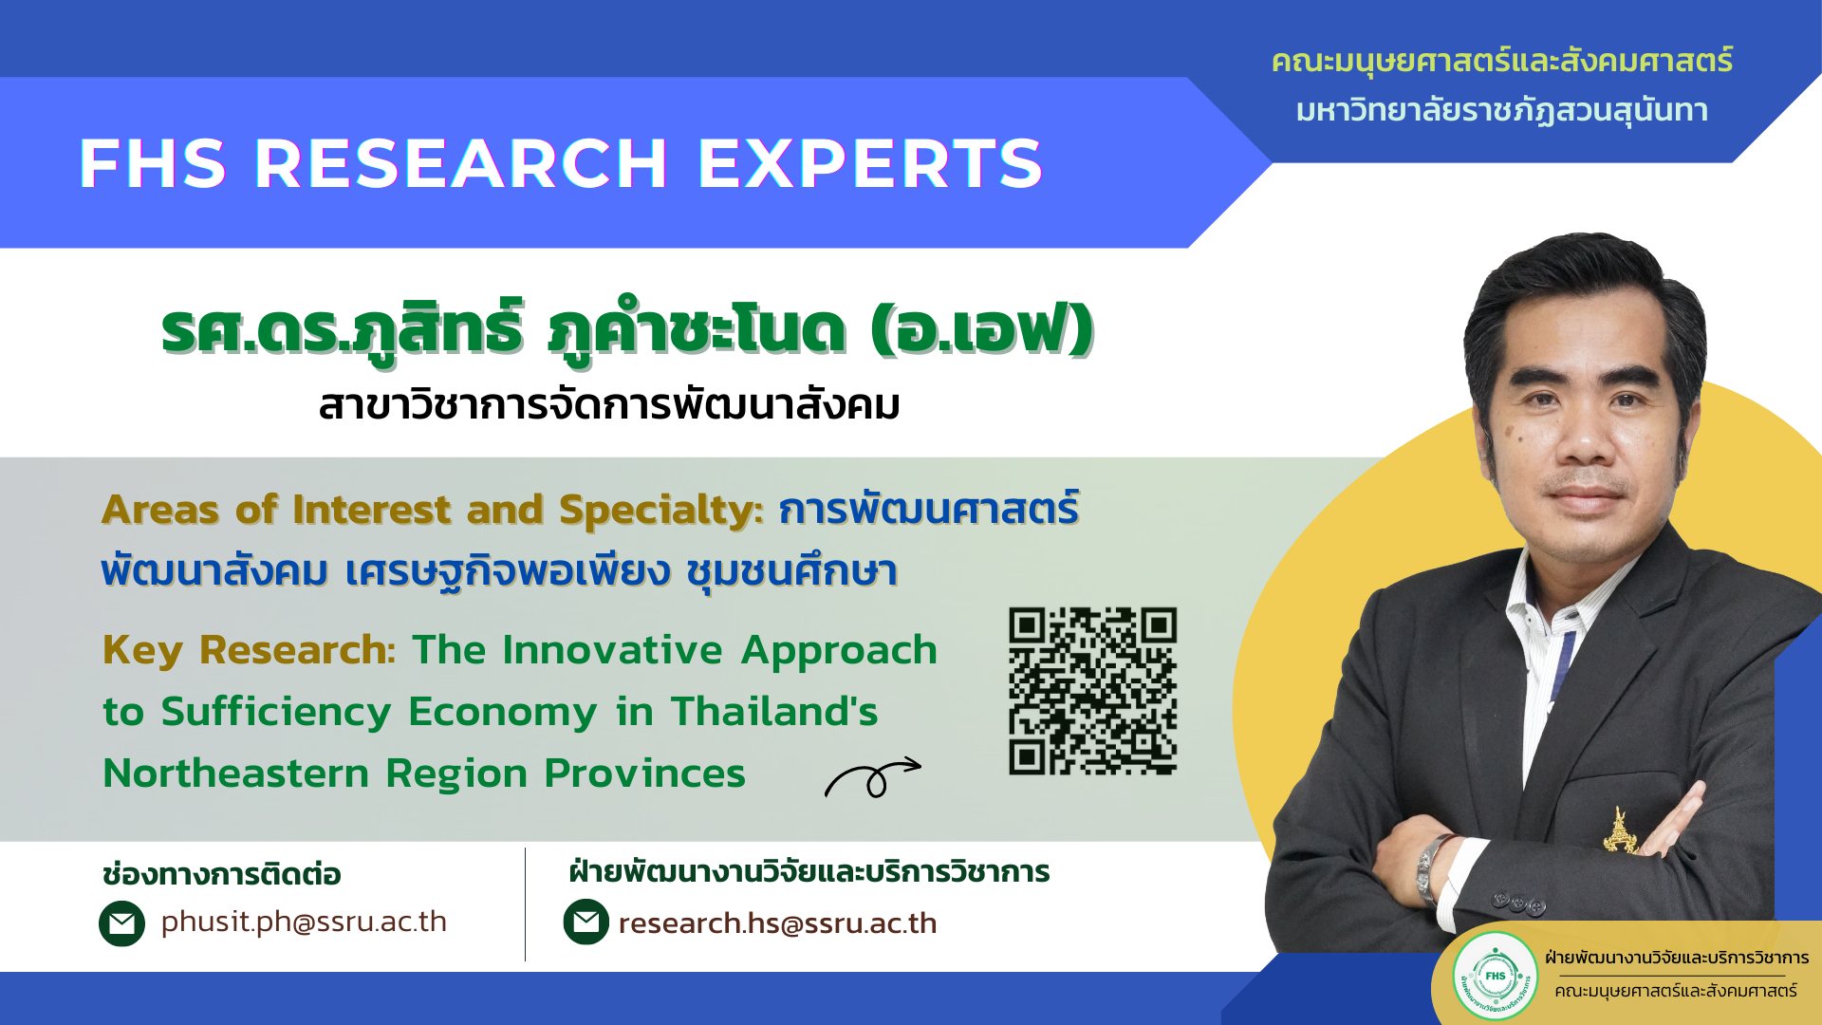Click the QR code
(x=1092, y=691)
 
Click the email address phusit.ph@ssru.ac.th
(x=304, y=922)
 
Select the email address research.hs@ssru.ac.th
(x=777, y=922)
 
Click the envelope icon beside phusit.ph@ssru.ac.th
(x=121, y=923)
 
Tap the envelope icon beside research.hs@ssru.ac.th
(x=586, y=922)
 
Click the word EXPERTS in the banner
(x=871, y=163)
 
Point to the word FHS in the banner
(x=152, y=163)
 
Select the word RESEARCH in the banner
(x=461, y=163)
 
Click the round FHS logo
(x=1496, y=976)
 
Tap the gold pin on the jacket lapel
(x=1619, y=829)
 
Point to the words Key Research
(x=245, y=651)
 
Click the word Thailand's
(x=774, y=712)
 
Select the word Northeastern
(x=235, y=773)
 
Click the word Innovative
(x=613, y=651)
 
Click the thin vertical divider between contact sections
(x=525, y=904)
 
